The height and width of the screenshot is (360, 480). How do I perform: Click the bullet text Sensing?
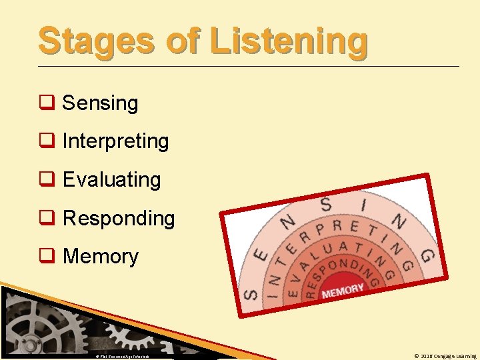[x=100, y=103]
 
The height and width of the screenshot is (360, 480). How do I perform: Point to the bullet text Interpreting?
[x=115, y=141]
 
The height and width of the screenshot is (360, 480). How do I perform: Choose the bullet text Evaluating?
[x=111, y=180]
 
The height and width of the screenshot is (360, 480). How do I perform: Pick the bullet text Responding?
[x=118, y=219]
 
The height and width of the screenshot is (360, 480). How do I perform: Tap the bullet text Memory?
[x=100, y=257]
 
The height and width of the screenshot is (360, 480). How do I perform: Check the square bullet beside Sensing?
[x=46, y=103]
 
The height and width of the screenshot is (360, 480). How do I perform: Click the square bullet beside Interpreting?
[x=46, y=141]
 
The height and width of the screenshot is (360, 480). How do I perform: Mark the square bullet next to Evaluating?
[x=46, y=180]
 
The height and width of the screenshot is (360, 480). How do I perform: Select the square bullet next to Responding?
[x=46, y=219]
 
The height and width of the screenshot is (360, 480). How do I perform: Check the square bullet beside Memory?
[x=46, y=257]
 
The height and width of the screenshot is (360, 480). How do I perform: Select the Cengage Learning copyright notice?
[x=445, y=356]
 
